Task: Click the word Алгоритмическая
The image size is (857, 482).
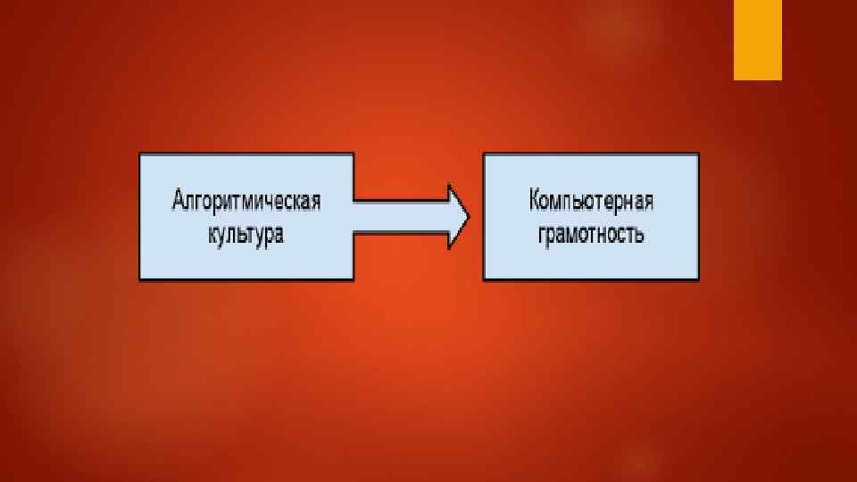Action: (245, 199)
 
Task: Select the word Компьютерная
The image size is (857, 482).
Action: (590, 199)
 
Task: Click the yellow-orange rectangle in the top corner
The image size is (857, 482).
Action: (758, 39)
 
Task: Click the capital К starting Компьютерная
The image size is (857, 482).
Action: (534, 199)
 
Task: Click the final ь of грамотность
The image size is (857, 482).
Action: (639, 237)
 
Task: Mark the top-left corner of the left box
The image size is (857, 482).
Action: (140, 154)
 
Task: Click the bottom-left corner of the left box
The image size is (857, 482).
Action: (140, 279)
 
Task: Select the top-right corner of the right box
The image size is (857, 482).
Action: (698, 154)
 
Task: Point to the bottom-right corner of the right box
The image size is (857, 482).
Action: (698, 279)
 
